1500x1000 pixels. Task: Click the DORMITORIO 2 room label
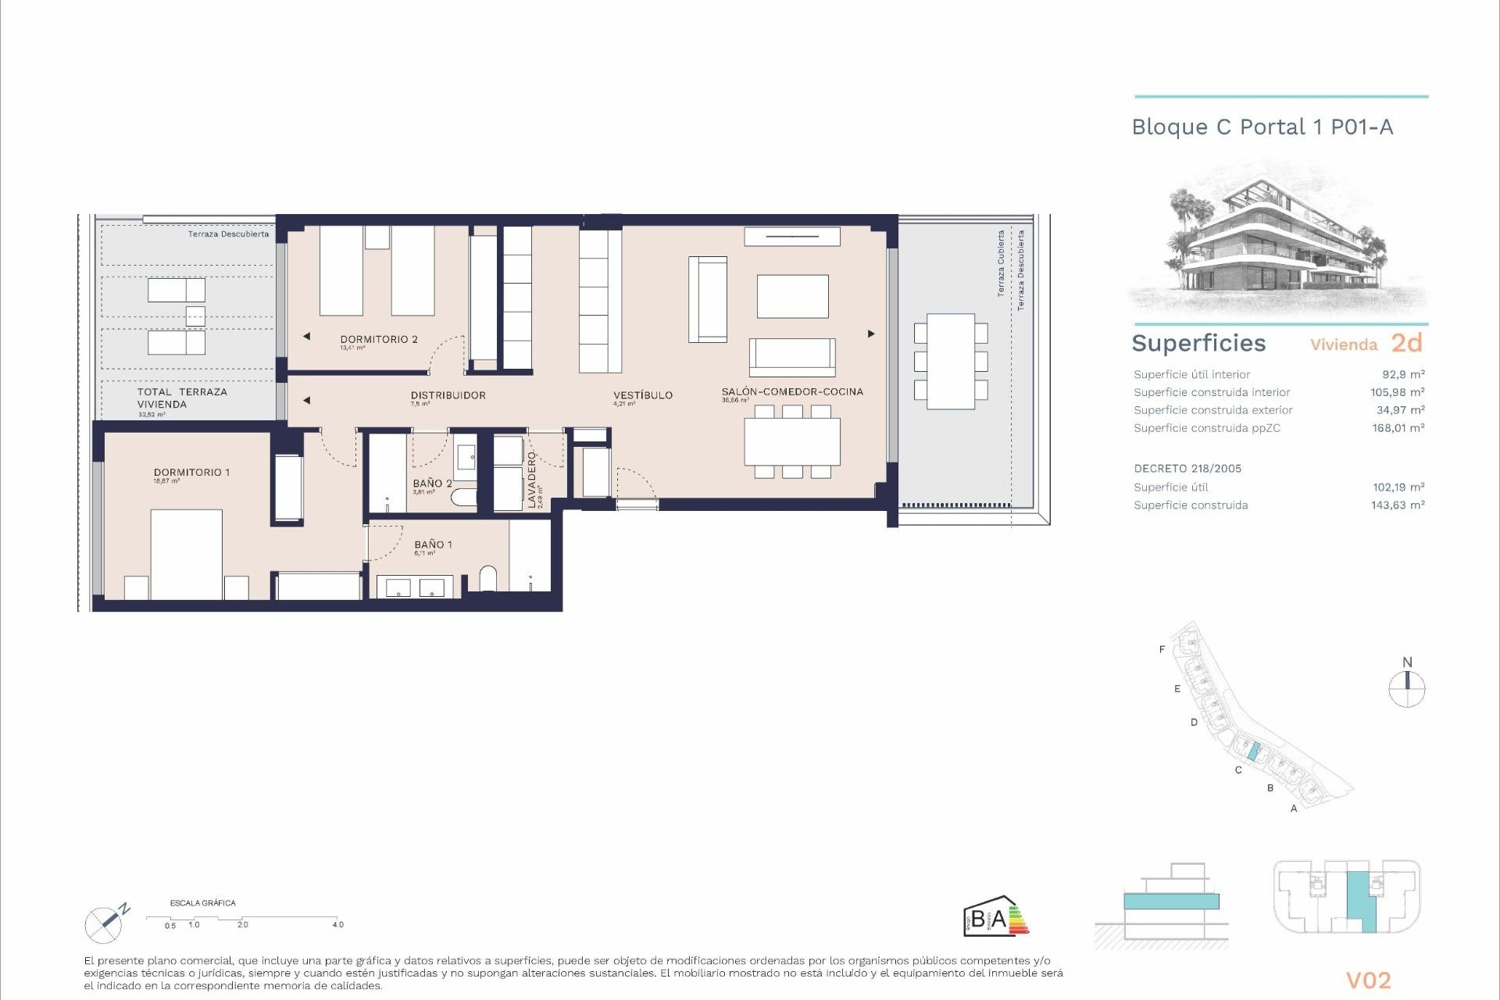[379, 339]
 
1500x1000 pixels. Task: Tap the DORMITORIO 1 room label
[191, 473]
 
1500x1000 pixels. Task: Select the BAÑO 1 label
[433, 545]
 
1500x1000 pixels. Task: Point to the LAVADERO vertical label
[532, 479]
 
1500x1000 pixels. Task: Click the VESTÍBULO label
[642, 395]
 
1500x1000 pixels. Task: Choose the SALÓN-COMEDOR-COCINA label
[792, 391]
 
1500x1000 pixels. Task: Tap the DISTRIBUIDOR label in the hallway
[448, 395]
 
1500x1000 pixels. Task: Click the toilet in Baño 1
[487, 578]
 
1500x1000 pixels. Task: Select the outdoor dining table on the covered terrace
[951, 361]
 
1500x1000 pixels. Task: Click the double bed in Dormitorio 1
[186, 554]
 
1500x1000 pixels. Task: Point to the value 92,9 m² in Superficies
[1403, 374]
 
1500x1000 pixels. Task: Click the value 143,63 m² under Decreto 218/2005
[1398, 505]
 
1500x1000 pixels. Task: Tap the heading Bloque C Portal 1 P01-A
[1262, 127]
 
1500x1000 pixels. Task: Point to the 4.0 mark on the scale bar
[337, 925]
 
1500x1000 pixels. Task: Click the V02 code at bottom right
[1368, 980]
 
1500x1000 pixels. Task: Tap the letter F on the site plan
[1162, 649]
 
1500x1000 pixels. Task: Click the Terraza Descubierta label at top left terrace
[228, 234]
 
